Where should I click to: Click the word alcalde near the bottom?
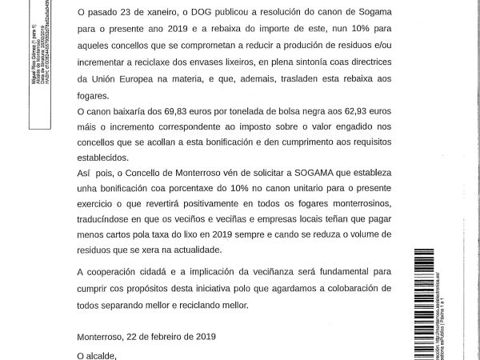pos(106,355)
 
